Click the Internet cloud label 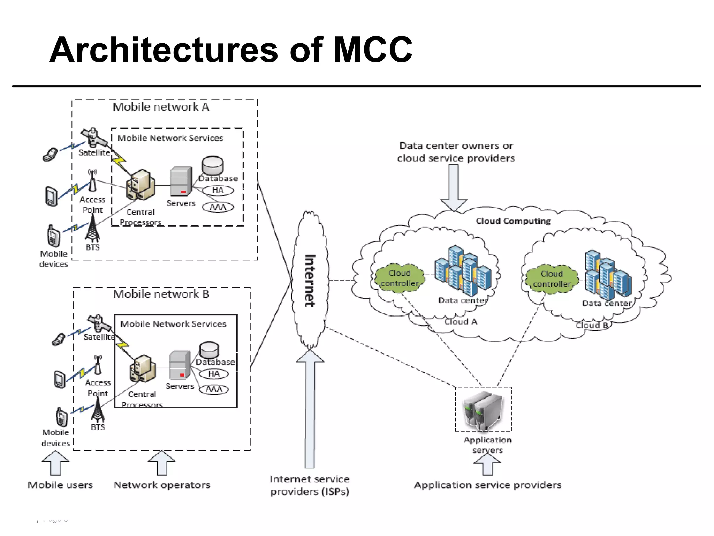tap(310, 281)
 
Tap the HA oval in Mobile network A tap(218, 190)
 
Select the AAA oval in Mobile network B tap(214, 389)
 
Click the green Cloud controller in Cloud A tap(400, 278)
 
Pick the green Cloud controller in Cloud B tap(552, 279)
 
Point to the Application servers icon tap(483, 410)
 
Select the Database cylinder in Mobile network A tap(212, 165)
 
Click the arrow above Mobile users tap(55, 463)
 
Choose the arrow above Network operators tap(162, 463)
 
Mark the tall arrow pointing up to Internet tap(310, 408)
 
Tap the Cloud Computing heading tap(513, 221)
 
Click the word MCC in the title tap(373, 50)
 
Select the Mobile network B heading tap(161, 294)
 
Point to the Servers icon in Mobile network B tap(180, 365)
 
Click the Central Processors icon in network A tap(140, 185)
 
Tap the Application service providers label tap(487, 485)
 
